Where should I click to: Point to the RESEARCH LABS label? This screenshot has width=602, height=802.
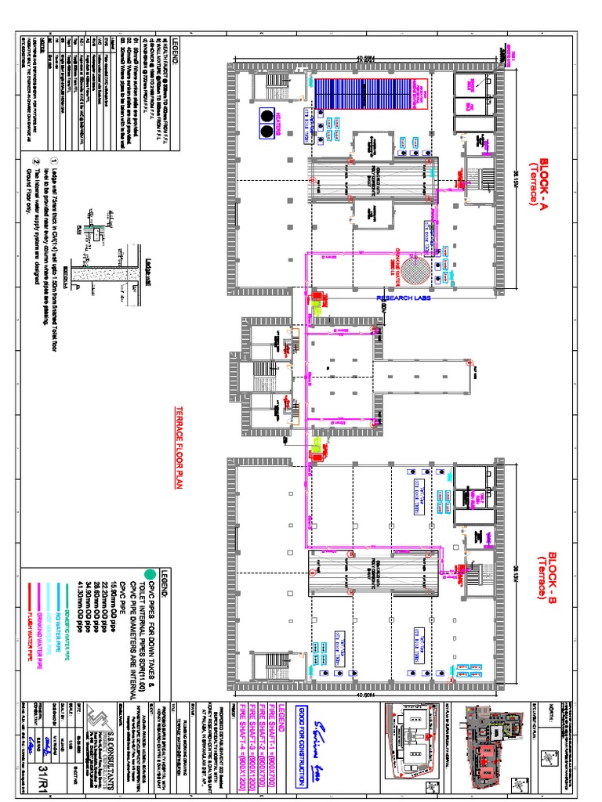pyautogui.click(x=404, y=299)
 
